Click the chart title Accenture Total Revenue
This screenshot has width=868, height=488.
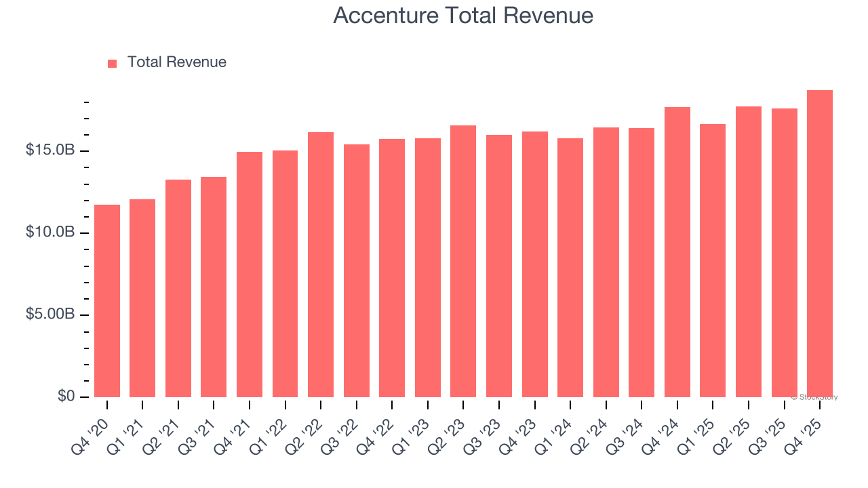(463, 16)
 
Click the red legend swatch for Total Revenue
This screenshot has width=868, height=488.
(113, 63)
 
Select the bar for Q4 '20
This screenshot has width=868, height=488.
(107, 301)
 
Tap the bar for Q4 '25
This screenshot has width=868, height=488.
(820, 244)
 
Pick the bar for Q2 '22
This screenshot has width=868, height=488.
(321, 264)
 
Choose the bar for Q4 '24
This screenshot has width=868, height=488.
(677, 252)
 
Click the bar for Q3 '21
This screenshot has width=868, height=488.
(214, 287)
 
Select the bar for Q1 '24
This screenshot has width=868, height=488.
(570, 268)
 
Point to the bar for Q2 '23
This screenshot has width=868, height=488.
(463, 261)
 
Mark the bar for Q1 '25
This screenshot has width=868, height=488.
(713, 260)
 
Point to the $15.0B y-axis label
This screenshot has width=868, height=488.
(50, 150)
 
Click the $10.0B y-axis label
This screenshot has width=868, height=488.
(50, 232)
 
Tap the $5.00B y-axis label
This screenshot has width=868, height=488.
(50, 315)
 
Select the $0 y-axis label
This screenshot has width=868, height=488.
(66, 396)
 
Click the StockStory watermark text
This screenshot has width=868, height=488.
(814, 397)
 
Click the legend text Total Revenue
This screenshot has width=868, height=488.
(177, 62)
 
